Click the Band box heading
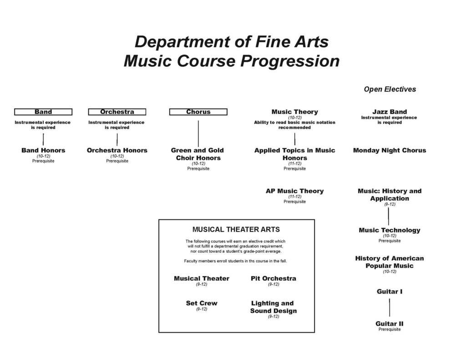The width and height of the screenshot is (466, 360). [x=43, y=112]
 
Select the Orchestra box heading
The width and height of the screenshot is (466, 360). [x=117, y=112]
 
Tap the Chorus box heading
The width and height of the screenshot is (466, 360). [x=198, y=112]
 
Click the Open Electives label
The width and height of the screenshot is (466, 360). [x=390, y=89]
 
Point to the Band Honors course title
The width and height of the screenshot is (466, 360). [x=43, y=151]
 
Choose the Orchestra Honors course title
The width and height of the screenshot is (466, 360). [x=117, y=151]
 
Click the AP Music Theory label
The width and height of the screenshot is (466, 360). [x=295, y=191]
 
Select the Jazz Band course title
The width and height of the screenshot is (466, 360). [x=390, y=112]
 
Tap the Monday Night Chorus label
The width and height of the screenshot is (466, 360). [x=390, y=151]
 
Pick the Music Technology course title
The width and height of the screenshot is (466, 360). [x=390, y=230]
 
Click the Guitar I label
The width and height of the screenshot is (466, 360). [x=390, y=292]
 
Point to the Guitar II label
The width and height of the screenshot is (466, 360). [x=390, y=324]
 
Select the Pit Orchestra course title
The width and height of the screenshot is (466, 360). [x=274, y=279]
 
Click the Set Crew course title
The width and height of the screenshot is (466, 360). [x=202, y=303]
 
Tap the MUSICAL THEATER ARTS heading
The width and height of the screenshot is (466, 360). [x=236, y=229]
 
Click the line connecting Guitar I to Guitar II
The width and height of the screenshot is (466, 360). [x=390, y=308]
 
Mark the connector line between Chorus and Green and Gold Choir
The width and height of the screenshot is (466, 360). [x=198, y=133]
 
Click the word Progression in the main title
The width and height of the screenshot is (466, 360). [x=290, y=61]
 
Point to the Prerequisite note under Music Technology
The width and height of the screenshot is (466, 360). [x=390, y=241]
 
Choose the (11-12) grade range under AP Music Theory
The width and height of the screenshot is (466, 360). [x=295, y=197]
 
